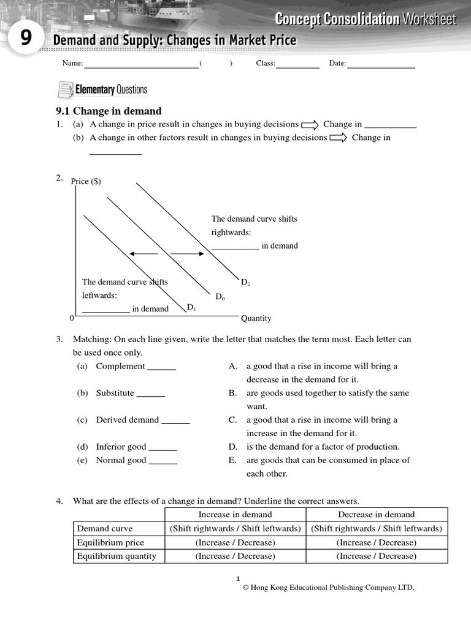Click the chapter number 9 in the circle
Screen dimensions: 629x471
point(25,39)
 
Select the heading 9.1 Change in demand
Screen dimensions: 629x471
point(109,111)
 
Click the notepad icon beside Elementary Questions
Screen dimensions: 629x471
point(64,90)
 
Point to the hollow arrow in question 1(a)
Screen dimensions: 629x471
point(310,125)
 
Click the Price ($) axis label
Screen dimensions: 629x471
point(86,181)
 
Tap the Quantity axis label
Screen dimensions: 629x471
point(256,318)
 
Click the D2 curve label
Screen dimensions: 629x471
point(245,283)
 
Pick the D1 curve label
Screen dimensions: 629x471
point(191,307)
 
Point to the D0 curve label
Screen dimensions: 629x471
point(220,297)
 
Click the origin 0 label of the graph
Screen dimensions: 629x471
point(71,318)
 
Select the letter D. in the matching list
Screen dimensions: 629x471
point(232,447)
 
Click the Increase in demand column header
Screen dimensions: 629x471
point(235,515)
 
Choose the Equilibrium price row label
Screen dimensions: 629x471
point(110,542)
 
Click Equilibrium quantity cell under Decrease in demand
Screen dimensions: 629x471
point(376,556)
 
